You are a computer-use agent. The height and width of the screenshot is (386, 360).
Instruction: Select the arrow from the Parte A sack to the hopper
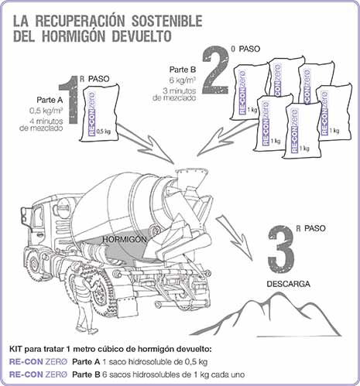(147, 147)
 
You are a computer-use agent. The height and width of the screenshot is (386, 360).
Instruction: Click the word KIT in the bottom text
(19, 349)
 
